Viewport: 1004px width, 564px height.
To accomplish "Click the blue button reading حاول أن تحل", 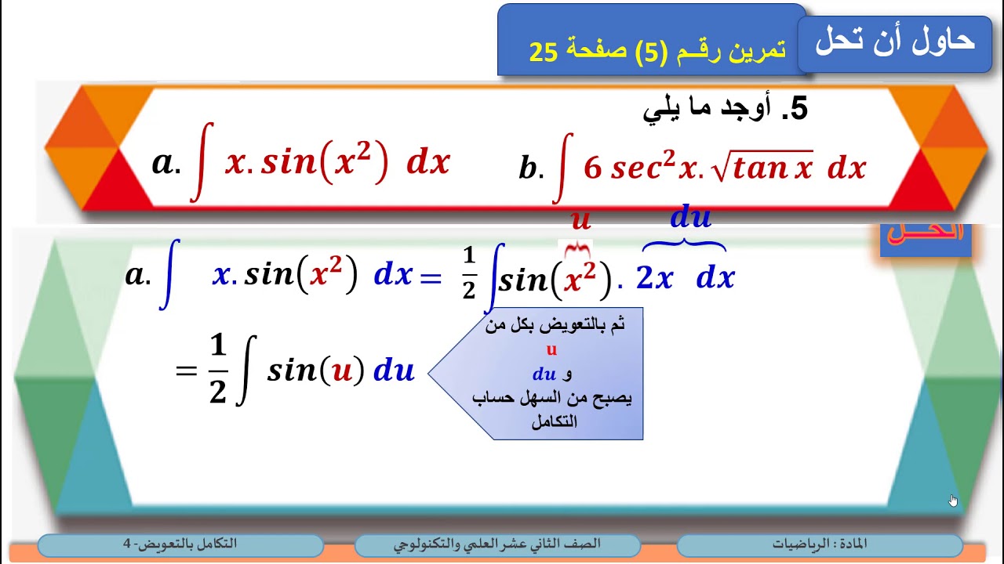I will tap(894, 42).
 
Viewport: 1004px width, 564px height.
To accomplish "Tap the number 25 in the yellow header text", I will tap(544, 52).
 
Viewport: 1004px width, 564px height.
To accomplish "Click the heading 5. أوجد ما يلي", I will tap(725, 110).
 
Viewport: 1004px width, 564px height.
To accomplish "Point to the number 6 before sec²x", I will tap(593, 168).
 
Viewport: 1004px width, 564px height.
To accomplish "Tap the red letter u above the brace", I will tap(580, 220).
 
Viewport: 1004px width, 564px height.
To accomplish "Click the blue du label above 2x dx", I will tap(690, 217).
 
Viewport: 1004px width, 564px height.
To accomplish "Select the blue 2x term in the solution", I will tap(654, 278).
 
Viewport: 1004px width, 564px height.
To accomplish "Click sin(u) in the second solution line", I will tap(315, 371).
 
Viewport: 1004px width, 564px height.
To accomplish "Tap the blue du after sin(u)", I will tap(394, 371).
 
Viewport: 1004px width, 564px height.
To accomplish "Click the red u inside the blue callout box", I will tap(551, 350).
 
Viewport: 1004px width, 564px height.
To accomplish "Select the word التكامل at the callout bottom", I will tap(554, 421).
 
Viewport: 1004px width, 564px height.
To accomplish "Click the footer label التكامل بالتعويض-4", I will tap(180, 544).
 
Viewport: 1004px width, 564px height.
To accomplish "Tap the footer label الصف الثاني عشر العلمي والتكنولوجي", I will tap(497, 544).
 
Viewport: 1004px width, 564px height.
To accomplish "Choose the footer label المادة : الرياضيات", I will tap(820, 544).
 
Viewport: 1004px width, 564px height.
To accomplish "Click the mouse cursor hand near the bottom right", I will tap(953, 501).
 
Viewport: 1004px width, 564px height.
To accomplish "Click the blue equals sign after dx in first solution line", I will tap(431, 277).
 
